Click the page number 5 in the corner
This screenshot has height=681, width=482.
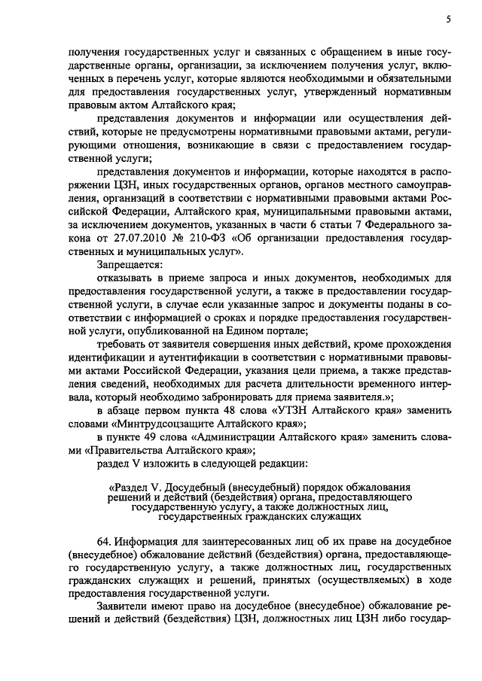tap(448, 20)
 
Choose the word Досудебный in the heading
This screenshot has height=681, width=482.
tap(197, 488)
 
